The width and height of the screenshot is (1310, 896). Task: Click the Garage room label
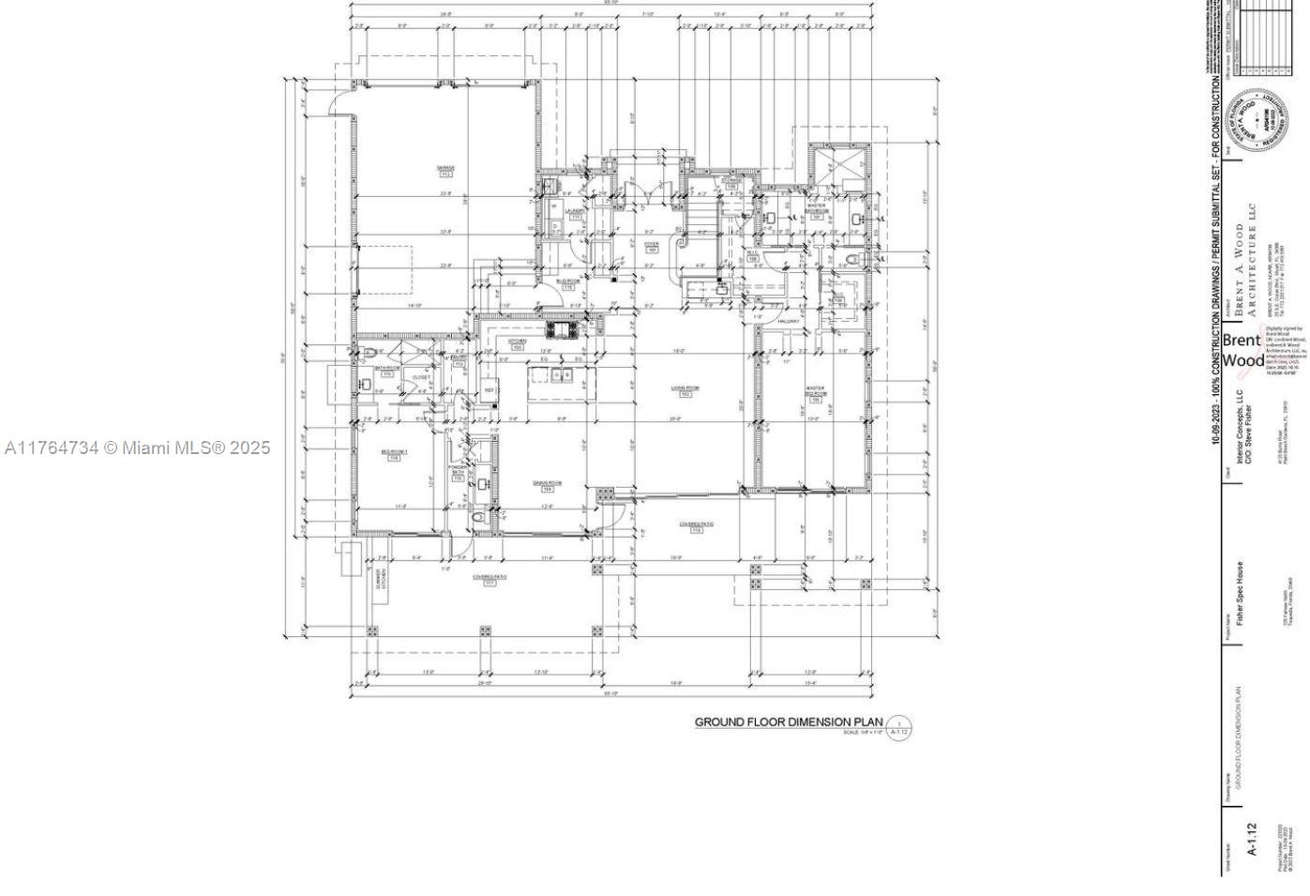(444, 171)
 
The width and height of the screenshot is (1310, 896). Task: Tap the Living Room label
(685, 390)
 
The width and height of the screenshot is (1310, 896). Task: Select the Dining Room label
(546, 485)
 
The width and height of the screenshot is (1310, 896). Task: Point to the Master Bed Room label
(815, 393)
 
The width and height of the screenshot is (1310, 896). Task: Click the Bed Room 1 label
(394, 455)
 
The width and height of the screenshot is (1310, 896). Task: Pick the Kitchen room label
(517, 343)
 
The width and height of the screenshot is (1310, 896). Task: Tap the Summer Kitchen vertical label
(381, 578)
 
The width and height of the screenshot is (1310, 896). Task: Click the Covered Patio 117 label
(489, 580)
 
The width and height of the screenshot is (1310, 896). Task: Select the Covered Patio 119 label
(696, 526)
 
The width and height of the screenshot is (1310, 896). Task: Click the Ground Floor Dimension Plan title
(788, 721)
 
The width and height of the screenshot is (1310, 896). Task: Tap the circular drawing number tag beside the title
(898, 728)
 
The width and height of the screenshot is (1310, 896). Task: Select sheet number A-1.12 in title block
(1250, 840)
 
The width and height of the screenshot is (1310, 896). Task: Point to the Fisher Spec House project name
(1239, 593)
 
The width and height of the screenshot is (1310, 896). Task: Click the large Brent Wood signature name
(1242, 350)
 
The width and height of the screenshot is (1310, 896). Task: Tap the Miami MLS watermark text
(137, 448)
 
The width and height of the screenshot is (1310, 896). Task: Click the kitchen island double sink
(562, 375)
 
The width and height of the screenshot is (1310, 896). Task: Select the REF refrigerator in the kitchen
(489, 390)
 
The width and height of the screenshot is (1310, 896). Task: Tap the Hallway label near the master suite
(789, 321)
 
